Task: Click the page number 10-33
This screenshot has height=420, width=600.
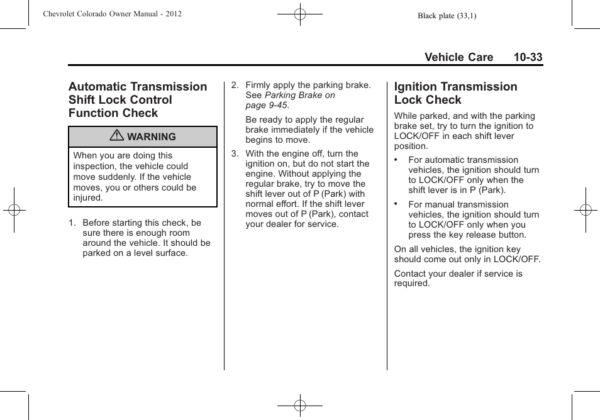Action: pos(527,57)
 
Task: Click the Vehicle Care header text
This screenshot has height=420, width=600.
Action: pos(458,57)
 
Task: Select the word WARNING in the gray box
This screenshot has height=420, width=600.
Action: pos(152,137)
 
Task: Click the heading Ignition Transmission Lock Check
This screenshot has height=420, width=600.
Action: pos(455,93)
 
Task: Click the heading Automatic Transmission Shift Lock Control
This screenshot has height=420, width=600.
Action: pos(137,99)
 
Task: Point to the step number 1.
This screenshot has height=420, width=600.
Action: pos(72,223)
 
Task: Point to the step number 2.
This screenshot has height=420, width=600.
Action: pos(234,85)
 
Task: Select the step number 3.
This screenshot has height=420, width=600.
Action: pos(234,154)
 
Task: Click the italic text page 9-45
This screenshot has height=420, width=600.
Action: pos(267,105)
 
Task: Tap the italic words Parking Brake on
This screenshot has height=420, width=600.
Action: pos(300,95)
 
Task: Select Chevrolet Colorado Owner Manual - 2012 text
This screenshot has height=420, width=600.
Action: pos(112,14)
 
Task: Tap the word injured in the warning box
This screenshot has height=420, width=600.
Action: pos(87,197)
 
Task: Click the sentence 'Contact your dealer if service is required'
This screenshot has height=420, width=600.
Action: pos(458,279)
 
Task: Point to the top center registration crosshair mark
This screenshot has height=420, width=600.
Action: pos(300,14)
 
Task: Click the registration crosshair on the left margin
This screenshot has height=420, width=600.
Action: pos(14,210)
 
